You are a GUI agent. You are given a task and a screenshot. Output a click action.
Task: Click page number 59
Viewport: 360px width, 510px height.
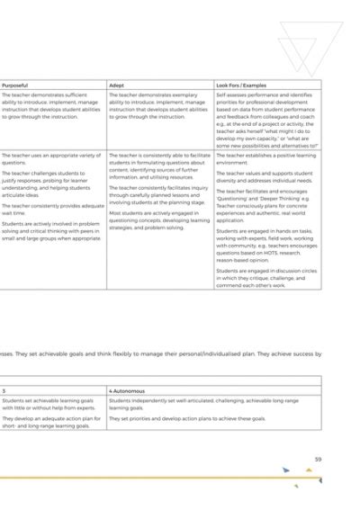click(x=318, y=460)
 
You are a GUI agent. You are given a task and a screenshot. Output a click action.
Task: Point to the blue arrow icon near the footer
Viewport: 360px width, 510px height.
click(x=285, y=470)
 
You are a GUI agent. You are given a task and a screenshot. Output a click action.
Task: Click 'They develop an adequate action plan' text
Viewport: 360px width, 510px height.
click(x=50, y=422)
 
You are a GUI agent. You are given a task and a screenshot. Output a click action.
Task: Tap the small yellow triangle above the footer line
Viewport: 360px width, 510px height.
click(x=309, y=469)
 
